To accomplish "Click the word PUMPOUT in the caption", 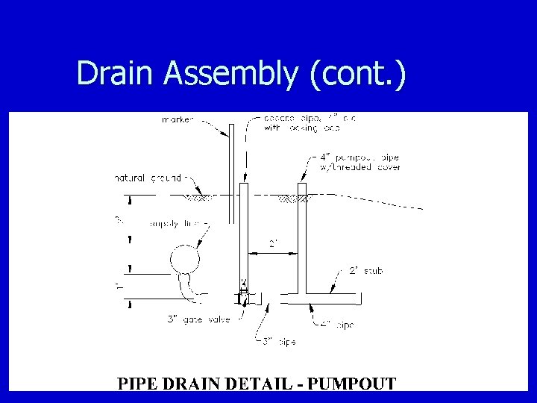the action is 351,384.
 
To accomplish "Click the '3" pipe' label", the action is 279,342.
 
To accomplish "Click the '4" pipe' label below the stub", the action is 338,325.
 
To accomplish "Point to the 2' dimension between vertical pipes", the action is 274,244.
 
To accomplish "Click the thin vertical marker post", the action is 233,172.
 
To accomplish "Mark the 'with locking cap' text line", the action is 301,128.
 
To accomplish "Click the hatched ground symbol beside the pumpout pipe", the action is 291,199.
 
